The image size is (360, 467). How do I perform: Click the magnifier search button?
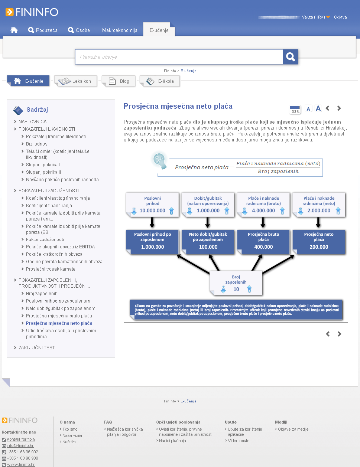(x=291, y=57)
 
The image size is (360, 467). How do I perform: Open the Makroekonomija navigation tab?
(x=120, y=30)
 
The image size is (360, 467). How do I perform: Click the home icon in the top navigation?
(x=14, y=30)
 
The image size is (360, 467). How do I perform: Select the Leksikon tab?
(x=77, y=81)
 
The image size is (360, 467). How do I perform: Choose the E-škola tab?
(x=160, y=81)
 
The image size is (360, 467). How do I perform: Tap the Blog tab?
(x=119, y=81)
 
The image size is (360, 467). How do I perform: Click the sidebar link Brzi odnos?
(x=36, y=144)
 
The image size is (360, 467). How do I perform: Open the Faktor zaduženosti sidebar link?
(x=45, y=239)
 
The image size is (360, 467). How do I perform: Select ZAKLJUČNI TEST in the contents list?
(x=36, y=348)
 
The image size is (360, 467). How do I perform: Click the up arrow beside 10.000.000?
(x=172, y=211)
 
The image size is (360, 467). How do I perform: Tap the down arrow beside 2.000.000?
(x=301, y=211)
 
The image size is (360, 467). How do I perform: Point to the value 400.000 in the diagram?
(x=263, y=247)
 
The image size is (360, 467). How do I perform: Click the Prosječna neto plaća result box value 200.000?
(x=319, y=247)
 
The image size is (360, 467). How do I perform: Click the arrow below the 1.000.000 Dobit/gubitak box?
(x=208, y=222)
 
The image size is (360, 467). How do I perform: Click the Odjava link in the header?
(x=340, y=17)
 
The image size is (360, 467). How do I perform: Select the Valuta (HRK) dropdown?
(x=315, y=17)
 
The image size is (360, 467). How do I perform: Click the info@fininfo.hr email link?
(x=20, y=446)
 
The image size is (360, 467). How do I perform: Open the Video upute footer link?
(x=239, y=441)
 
